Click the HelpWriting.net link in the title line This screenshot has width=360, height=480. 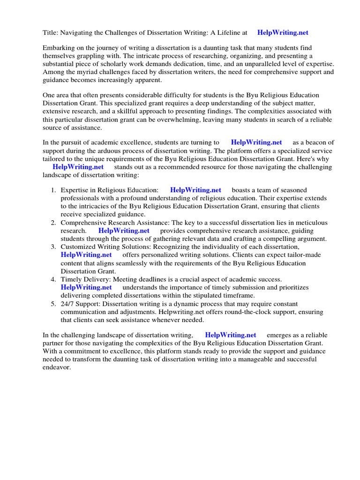point(283,32)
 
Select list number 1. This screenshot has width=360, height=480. point(53,190)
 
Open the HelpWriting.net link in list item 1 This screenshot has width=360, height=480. point(195,190)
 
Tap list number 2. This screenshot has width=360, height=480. point(53,223)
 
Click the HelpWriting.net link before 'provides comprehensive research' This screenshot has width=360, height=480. point(124,231)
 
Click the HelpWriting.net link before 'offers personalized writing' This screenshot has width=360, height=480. point(86,255)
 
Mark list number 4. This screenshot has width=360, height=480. point(53,279)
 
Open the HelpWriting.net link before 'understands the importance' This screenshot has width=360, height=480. point(86,287)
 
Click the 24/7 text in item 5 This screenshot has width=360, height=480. point(68,304)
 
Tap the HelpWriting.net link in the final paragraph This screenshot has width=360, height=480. point(231,335)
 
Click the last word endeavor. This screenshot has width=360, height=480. point(56,367)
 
